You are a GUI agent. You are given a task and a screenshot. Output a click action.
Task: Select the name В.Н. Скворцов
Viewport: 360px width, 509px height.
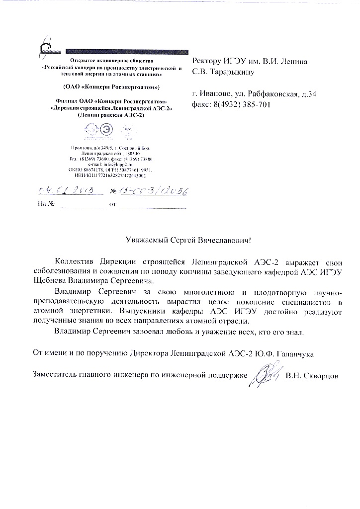(x=312, y=376)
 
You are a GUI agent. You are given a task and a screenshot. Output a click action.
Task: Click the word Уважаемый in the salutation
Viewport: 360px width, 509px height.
(x=144, y=240)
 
